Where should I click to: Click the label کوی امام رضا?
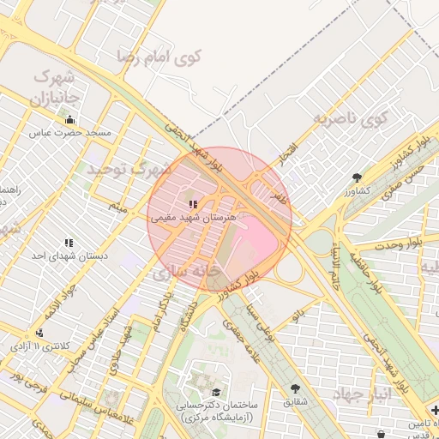tap(163, 58)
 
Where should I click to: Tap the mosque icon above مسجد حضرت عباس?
tap(69, 120)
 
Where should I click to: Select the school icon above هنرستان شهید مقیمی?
tap(192, 204)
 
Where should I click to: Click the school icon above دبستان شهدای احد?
tap(68, 243)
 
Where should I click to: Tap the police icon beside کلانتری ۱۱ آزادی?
tap(39, 333)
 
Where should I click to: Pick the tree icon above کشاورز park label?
tap(357, 177)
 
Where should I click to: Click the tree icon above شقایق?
tap(296, 388)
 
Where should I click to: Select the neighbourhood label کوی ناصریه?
tap(349, 117)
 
